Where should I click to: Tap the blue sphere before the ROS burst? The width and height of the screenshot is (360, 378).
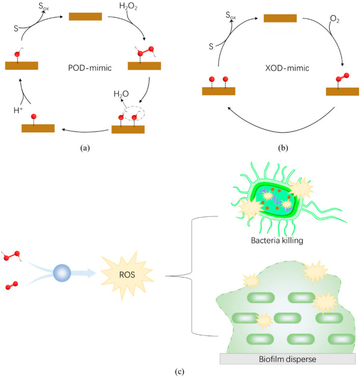tap(63, 275)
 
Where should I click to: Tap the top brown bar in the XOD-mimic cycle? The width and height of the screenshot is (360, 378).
tap(280, 18)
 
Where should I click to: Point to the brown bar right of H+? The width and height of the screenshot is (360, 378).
tap(38, 128)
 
